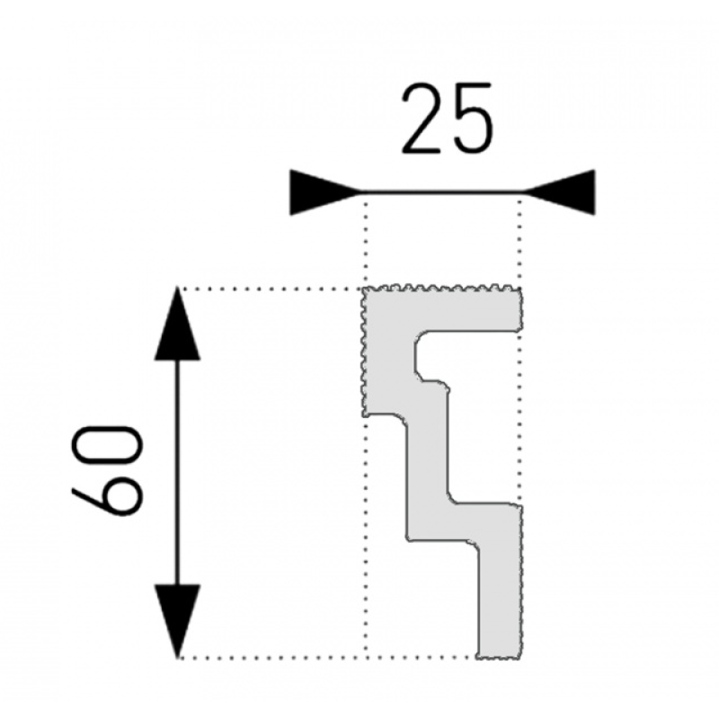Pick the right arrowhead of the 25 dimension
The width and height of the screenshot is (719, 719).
click(559, 192)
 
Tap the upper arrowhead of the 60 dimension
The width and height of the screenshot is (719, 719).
click(177, 324)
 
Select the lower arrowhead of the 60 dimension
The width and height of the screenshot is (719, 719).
click(177, 621)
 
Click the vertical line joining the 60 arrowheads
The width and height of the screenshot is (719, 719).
click(177, 473)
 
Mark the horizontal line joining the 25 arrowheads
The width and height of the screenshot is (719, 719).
click(442, 192)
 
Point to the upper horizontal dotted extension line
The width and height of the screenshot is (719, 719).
click(271, 289)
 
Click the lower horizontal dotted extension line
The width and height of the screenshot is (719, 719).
click(326, 658)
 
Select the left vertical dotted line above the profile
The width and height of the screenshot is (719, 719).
click(366, 241)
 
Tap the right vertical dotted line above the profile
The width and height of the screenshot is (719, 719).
click(520, 241)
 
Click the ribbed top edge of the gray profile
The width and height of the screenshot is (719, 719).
click(442, 288)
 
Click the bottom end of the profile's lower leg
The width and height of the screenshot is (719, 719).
click(500, 657)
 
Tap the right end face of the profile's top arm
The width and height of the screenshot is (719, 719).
click(520, 310)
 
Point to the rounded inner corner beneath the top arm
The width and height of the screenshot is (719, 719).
click(420, 338)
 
